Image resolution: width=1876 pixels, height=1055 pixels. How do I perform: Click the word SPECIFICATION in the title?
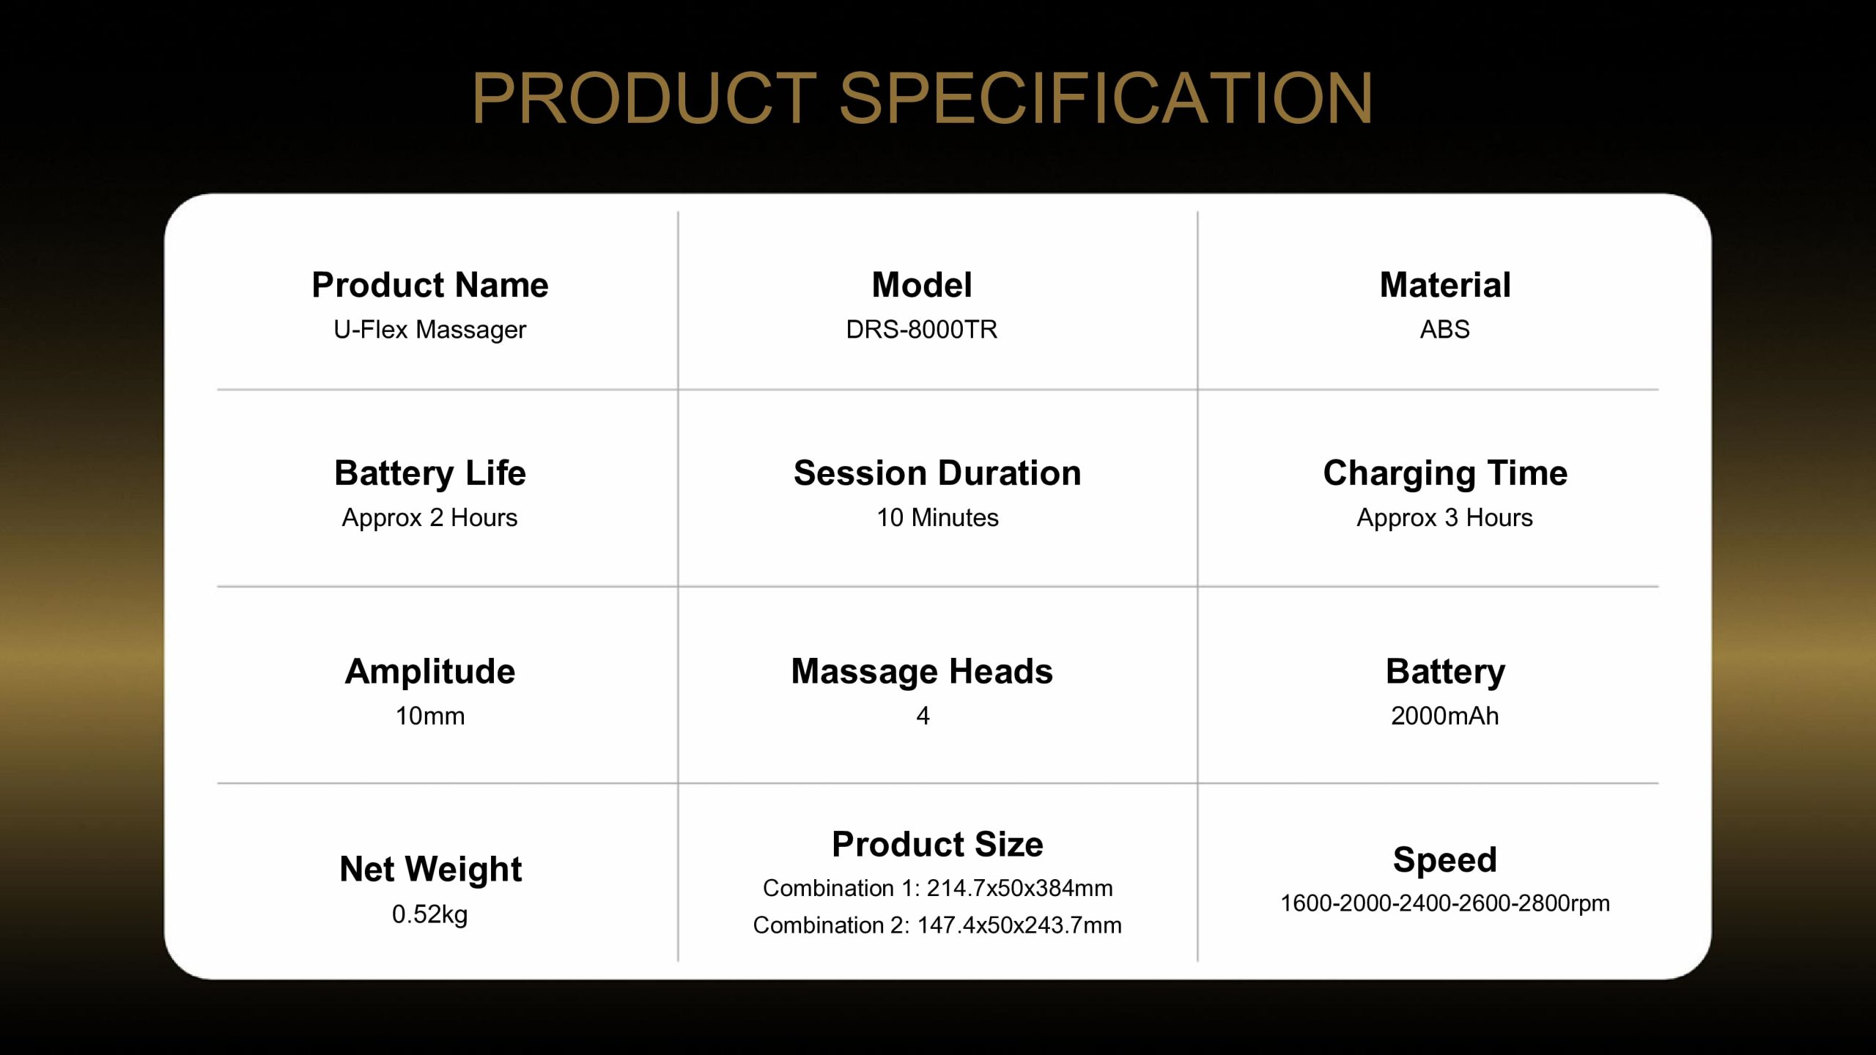coord(1106,98)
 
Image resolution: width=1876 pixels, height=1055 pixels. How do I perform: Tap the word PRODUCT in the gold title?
coord(645,98)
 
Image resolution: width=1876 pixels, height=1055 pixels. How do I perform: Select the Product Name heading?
coord(430,285)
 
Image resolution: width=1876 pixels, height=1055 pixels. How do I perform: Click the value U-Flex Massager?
coord(430,330)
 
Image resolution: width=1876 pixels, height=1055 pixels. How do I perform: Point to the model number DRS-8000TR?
coord(922,330)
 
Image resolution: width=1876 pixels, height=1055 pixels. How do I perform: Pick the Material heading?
coord(1445,285)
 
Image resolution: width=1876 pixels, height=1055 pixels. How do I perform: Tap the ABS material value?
coord(1445,330)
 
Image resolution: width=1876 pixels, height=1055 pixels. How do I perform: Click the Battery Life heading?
coord(430,474)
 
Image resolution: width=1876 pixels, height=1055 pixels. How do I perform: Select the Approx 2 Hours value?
coord(430,518)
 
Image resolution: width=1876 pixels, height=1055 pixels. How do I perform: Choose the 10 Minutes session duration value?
coord(938,518)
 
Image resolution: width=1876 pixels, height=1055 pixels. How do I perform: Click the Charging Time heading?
coord(1445,474)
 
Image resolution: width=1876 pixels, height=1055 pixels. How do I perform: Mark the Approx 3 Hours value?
coord(1445,518)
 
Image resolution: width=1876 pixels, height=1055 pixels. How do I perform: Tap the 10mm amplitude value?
coord(430,716)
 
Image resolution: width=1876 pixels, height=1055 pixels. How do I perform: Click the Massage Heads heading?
coord(922,673)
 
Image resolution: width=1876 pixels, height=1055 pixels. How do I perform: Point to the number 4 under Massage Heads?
coord(923,716)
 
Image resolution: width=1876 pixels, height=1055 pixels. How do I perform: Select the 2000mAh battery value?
coord(1445,716)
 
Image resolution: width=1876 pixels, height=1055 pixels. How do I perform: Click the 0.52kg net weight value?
coord(430,914)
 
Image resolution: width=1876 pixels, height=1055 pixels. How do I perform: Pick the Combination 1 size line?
coord(938,888)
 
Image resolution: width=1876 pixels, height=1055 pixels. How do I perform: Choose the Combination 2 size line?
coord(938,925)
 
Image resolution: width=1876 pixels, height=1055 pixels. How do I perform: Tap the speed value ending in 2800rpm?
coord(1445,903)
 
